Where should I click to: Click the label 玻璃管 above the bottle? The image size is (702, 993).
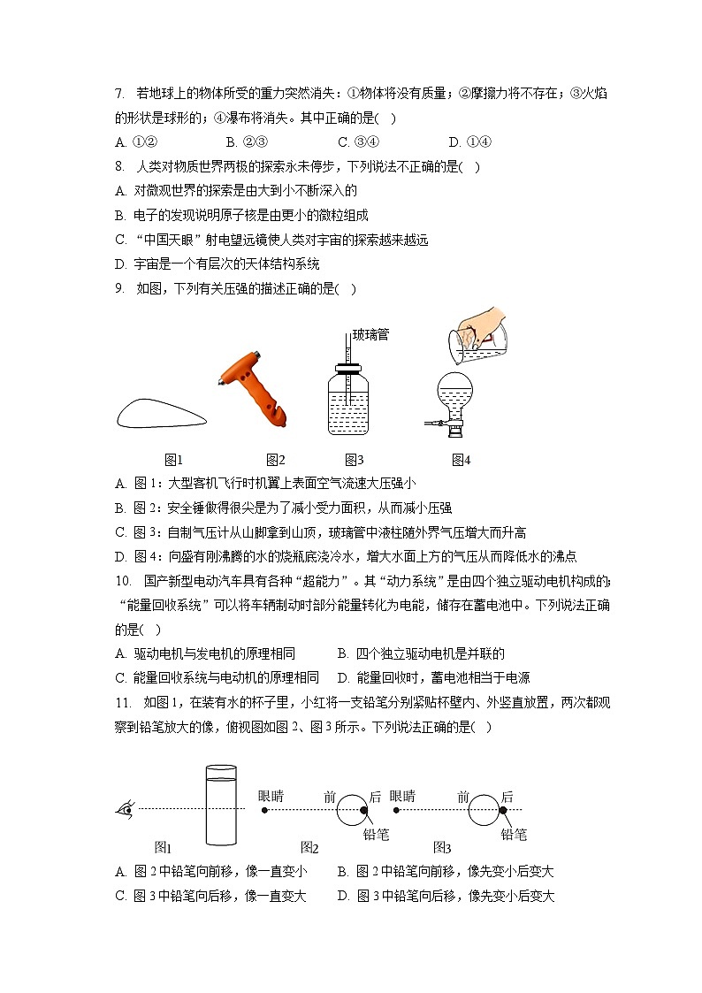[x=370, y=334]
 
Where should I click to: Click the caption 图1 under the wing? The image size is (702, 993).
[x=173, y=459]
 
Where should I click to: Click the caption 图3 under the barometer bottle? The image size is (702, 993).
[x=355, y=459]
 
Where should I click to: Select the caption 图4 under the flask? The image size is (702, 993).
[x=461, y=459]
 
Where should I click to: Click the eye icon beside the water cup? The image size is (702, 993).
[x=126, y=808]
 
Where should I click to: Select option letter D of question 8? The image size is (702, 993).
[x=120, y=264]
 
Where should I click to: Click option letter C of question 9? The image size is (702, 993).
[x=120, y=532]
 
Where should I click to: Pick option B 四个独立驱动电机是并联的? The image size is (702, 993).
[x=421, y=653]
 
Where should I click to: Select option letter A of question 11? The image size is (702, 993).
[x=120, y=871]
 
